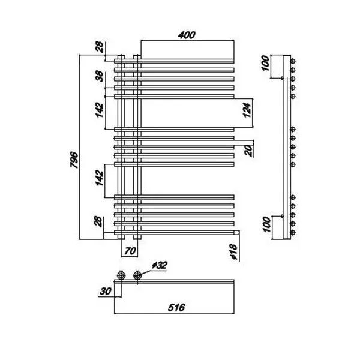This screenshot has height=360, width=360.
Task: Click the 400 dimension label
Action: tap(187, 35)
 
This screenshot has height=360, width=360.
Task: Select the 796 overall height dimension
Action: tap(74, 160)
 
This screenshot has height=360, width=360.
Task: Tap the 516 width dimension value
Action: tap(176, 307)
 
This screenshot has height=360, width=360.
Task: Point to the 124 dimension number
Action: tap(247, 110)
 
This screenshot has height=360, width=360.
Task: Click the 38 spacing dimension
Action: tap(100, 76)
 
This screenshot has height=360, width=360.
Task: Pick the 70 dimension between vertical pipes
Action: tap(130, 251)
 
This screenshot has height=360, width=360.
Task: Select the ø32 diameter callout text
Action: tap(160, 265)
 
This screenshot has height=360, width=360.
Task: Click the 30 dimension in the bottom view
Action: tap(106, 292)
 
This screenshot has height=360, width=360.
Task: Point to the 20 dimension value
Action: tap(248, 151)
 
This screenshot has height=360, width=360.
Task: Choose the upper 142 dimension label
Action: tap(100, 110)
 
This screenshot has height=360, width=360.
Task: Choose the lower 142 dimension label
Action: tap(99, 178)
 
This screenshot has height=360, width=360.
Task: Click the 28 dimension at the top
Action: tap(100, 47)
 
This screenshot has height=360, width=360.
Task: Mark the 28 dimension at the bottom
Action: tap(99, 222)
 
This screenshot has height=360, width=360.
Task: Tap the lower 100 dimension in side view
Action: tap(266, 224)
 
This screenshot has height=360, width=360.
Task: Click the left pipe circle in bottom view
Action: tap(121, 275)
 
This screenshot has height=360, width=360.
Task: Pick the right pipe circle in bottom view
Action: tap(137, 275)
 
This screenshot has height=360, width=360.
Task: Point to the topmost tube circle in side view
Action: tap(293, 61)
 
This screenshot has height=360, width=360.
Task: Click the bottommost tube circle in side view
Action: tap(293, 233)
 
